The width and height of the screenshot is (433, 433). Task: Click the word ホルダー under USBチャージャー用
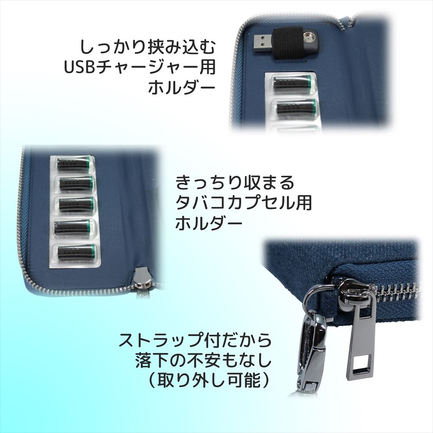click(x=182, y=88)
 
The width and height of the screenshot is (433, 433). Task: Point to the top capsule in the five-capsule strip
click(x=74, y=164)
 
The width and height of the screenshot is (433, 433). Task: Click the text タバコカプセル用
click(x=243, y=203)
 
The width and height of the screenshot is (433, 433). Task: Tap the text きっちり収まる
click(x=235, y=182)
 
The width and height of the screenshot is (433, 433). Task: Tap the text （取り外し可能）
click(x=209, y=381)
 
